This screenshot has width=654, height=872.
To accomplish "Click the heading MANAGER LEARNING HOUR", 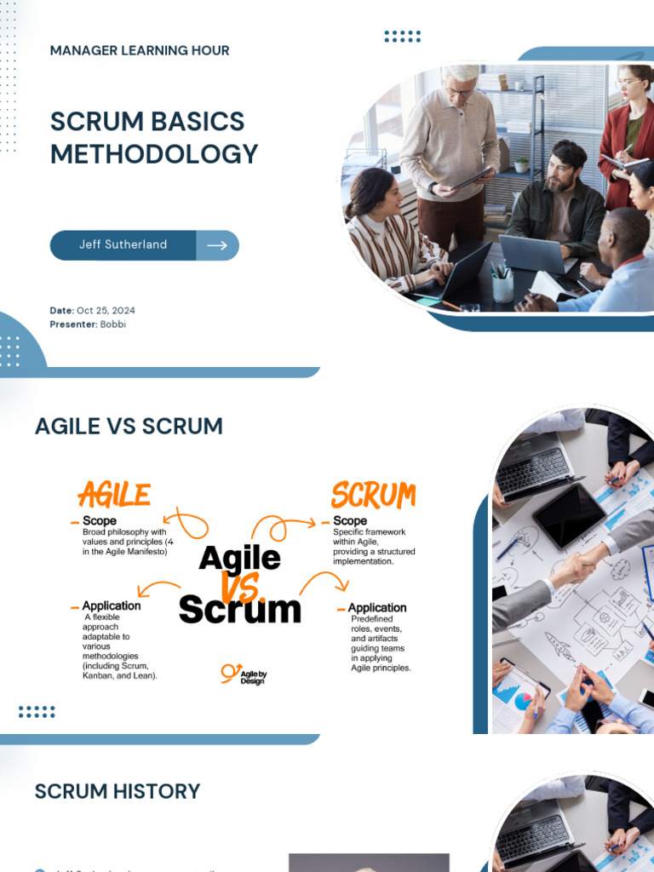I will (140, 50).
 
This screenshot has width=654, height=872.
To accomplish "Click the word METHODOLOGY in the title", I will (154, 154).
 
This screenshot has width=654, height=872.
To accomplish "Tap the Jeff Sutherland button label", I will (123, 244).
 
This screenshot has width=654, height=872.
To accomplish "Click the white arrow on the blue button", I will (217, 245).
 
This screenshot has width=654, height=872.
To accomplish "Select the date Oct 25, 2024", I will (106, 311).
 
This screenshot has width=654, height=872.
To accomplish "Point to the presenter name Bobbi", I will (112, 324).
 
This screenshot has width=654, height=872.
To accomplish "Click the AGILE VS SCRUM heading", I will (129, 426).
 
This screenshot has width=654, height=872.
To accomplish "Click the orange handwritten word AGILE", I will (114, 495).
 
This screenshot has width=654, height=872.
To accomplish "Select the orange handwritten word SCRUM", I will (373, 495).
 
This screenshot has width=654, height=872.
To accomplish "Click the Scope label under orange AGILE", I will (99, 520).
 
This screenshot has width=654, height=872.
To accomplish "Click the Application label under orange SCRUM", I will (377, 608).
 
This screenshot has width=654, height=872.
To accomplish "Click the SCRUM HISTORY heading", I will (118, 791).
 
